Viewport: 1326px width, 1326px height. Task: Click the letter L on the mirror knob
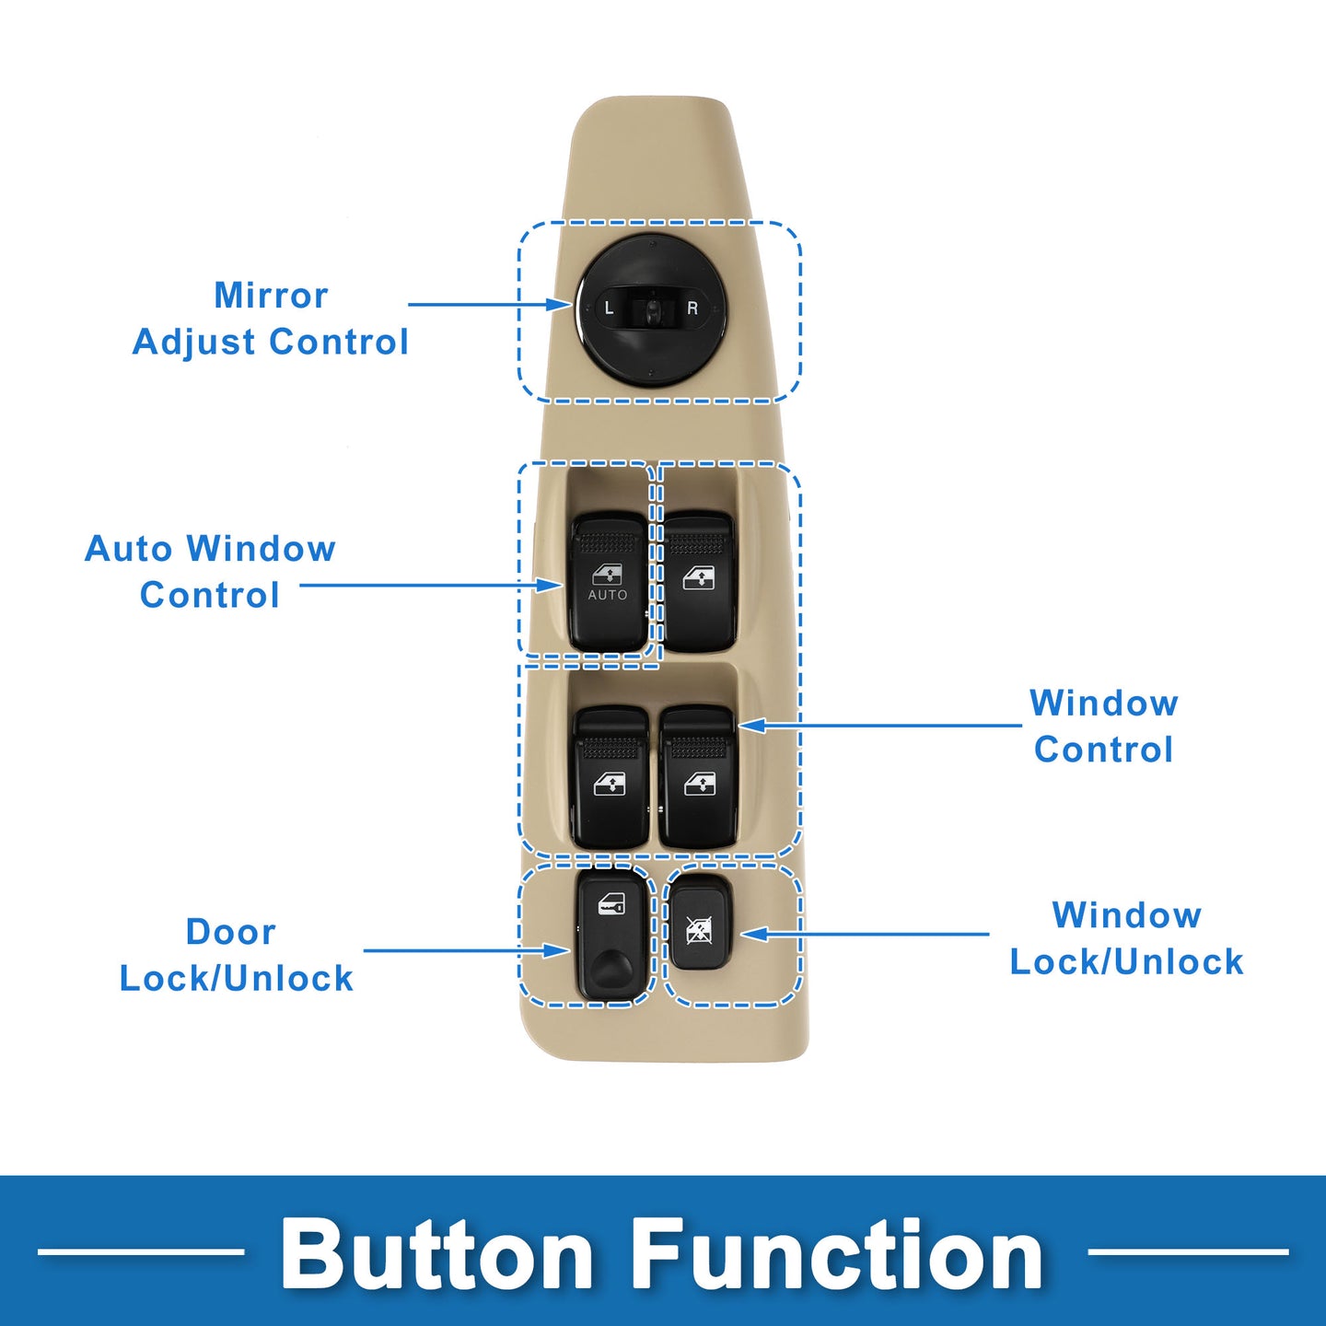[609, 308]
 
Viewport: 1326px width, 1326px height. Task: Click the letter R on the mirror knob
[692, 308]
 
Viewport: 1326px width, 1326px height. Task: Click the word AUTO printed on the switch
[608, 595]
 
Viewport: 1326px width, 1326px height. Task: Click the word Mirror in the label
[271, 296]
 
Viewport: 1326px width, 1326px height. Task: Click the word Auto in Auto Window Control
[129, 549]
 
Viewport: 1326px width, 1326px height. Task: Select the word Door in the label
[231, 932]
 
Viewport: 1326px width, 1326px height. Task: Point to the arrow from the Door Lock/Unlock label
[467, 951]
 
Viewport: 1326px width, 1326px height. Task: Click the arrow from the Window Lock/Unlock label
[865, 934]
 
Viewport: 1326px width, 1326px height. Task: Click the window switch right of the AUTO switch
[698, 581]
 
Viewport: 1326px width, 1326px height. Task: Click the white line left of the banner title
[141, 1251]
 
